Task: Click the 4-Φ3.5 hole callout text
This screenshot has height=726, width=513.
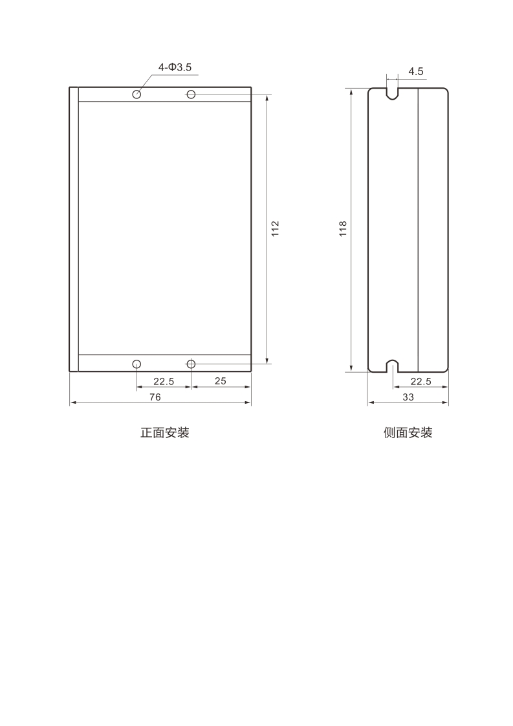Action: (175, 67)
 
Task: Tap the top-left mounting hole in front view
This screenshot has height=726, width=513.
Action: (136, 94)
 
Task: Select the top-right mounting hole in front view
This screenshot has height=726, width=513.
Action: (191, 94)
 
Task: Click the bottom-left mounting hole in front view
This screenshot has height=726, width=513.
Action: (136, 364)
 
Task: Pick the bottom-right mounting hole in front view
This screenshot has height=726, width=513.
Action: (191, 364)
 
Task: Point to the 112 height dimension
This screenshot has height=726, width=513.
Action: (275, 228)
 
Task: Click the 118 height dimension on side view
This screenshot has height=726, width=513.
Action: (343, 228)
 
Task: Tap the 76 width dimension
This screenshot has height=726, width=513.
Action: (155, 397)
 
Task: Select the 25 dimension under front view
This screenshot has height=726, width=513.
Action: (220, 381)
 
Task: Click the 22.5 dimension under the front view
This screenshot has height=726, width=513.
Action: (163, 381)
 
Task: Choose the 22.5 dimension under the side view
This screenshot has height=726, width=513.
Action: (420, 381)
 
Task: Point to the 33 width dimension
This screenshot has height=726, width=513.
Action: (408, 397)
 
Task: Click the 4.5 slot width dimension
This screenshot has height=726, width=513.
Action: (415, 71)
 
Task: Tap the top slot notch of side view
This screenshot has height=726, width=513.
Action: (393, 93)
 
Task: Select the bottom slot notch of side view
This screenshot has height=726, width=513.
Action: (393, 366)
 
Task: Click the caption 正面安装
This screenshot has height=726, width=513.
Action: (165, 433)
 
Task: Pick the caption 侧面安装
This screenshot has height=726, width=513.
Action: (408, 433)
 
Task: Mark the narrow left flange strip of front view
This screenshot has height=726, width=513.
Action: (74, 228)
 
